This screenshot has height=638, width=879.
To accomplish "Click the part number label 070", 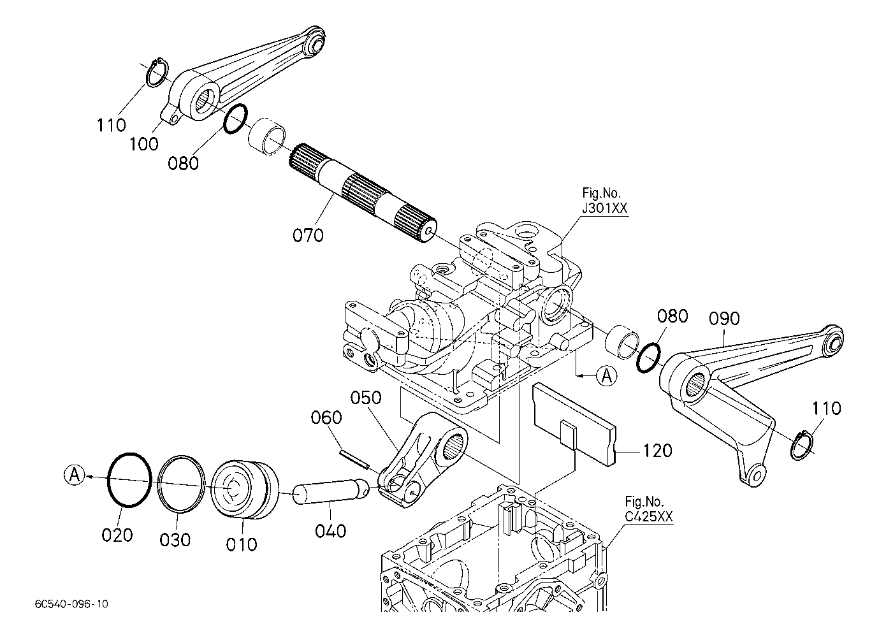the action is [x=308, y=235].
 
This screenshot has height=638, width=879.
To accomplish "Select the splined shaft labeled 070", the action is [x=363, y=192].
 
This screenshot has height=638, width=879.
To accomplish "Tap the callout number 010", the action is [x=242, y=544].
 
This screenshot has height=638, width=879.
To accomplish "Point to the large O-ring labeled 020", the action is [x=129, y=480].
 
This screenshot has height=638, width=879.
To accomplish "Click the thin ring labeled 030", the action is [x=181, y=484].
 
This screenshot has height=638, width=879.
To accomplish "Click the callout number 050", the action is [x=366, y=398].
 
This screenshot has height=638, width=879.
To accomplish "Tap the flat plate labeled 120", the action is [x=574, y=424].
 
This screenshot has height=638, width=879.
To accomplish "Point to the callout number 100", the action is [x=144, y=144].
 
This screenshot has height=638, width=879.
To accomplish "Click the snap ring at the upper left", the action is [x=157, y=73].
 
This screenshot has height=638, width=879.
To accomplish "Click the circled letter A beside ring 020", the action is [x=75, y=475].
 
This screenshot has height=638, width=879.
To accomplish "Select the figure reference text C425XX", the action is [x=649, y=516].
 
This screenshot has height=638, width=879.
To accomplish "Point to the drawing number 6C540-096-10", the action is [x=71, y=604].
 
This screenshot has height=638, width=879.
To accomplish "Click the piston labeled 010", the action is [x=245, y=490].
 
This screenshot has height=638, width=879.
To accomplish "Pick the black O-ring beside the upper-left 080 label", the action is [x=235, y=119].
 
